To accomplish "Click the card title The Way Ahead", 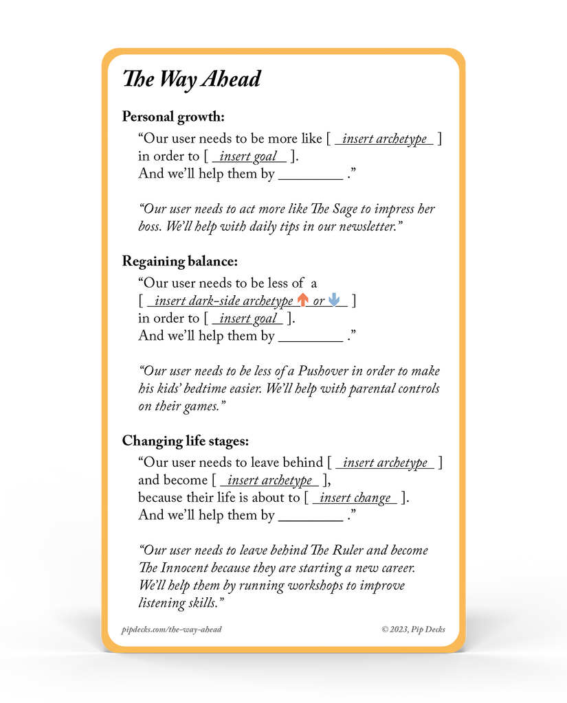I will [192, 80].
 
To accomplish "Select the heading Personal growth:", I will [173, 117].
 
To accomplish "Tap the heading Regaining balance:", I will [179, 262].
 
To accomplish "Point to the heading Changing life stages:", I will [186, 441].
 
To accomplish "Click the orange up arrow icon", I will [302, 300].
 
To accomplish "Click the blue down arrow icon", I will [335, 300].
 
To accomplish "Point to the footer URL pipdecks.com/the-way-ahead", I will [171, 630].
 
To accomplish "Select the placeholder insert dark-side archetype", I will [224, 301].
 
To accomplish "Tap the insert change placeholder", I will [355, 498].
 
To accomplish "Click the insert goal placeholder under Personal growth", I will [247, 157].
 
